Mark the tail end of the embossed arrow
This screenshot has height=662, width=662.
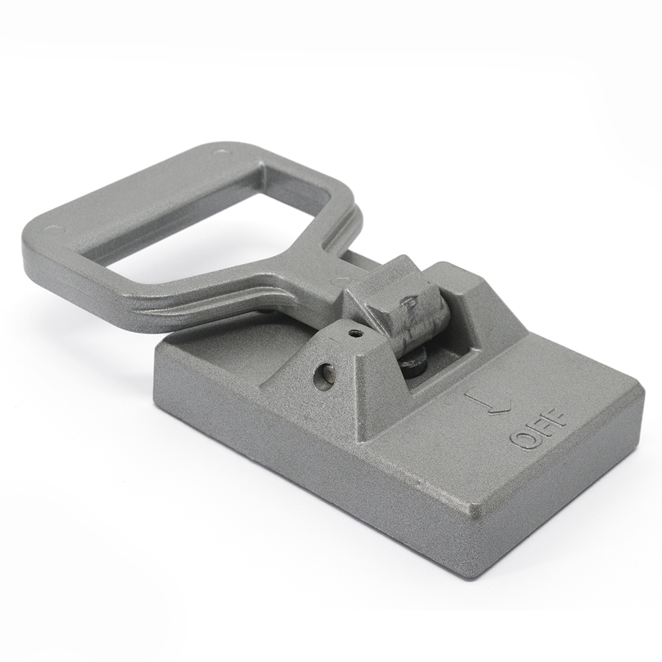[466, 393]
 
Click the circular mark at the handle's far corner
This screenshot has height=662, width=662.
[219, 152]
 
